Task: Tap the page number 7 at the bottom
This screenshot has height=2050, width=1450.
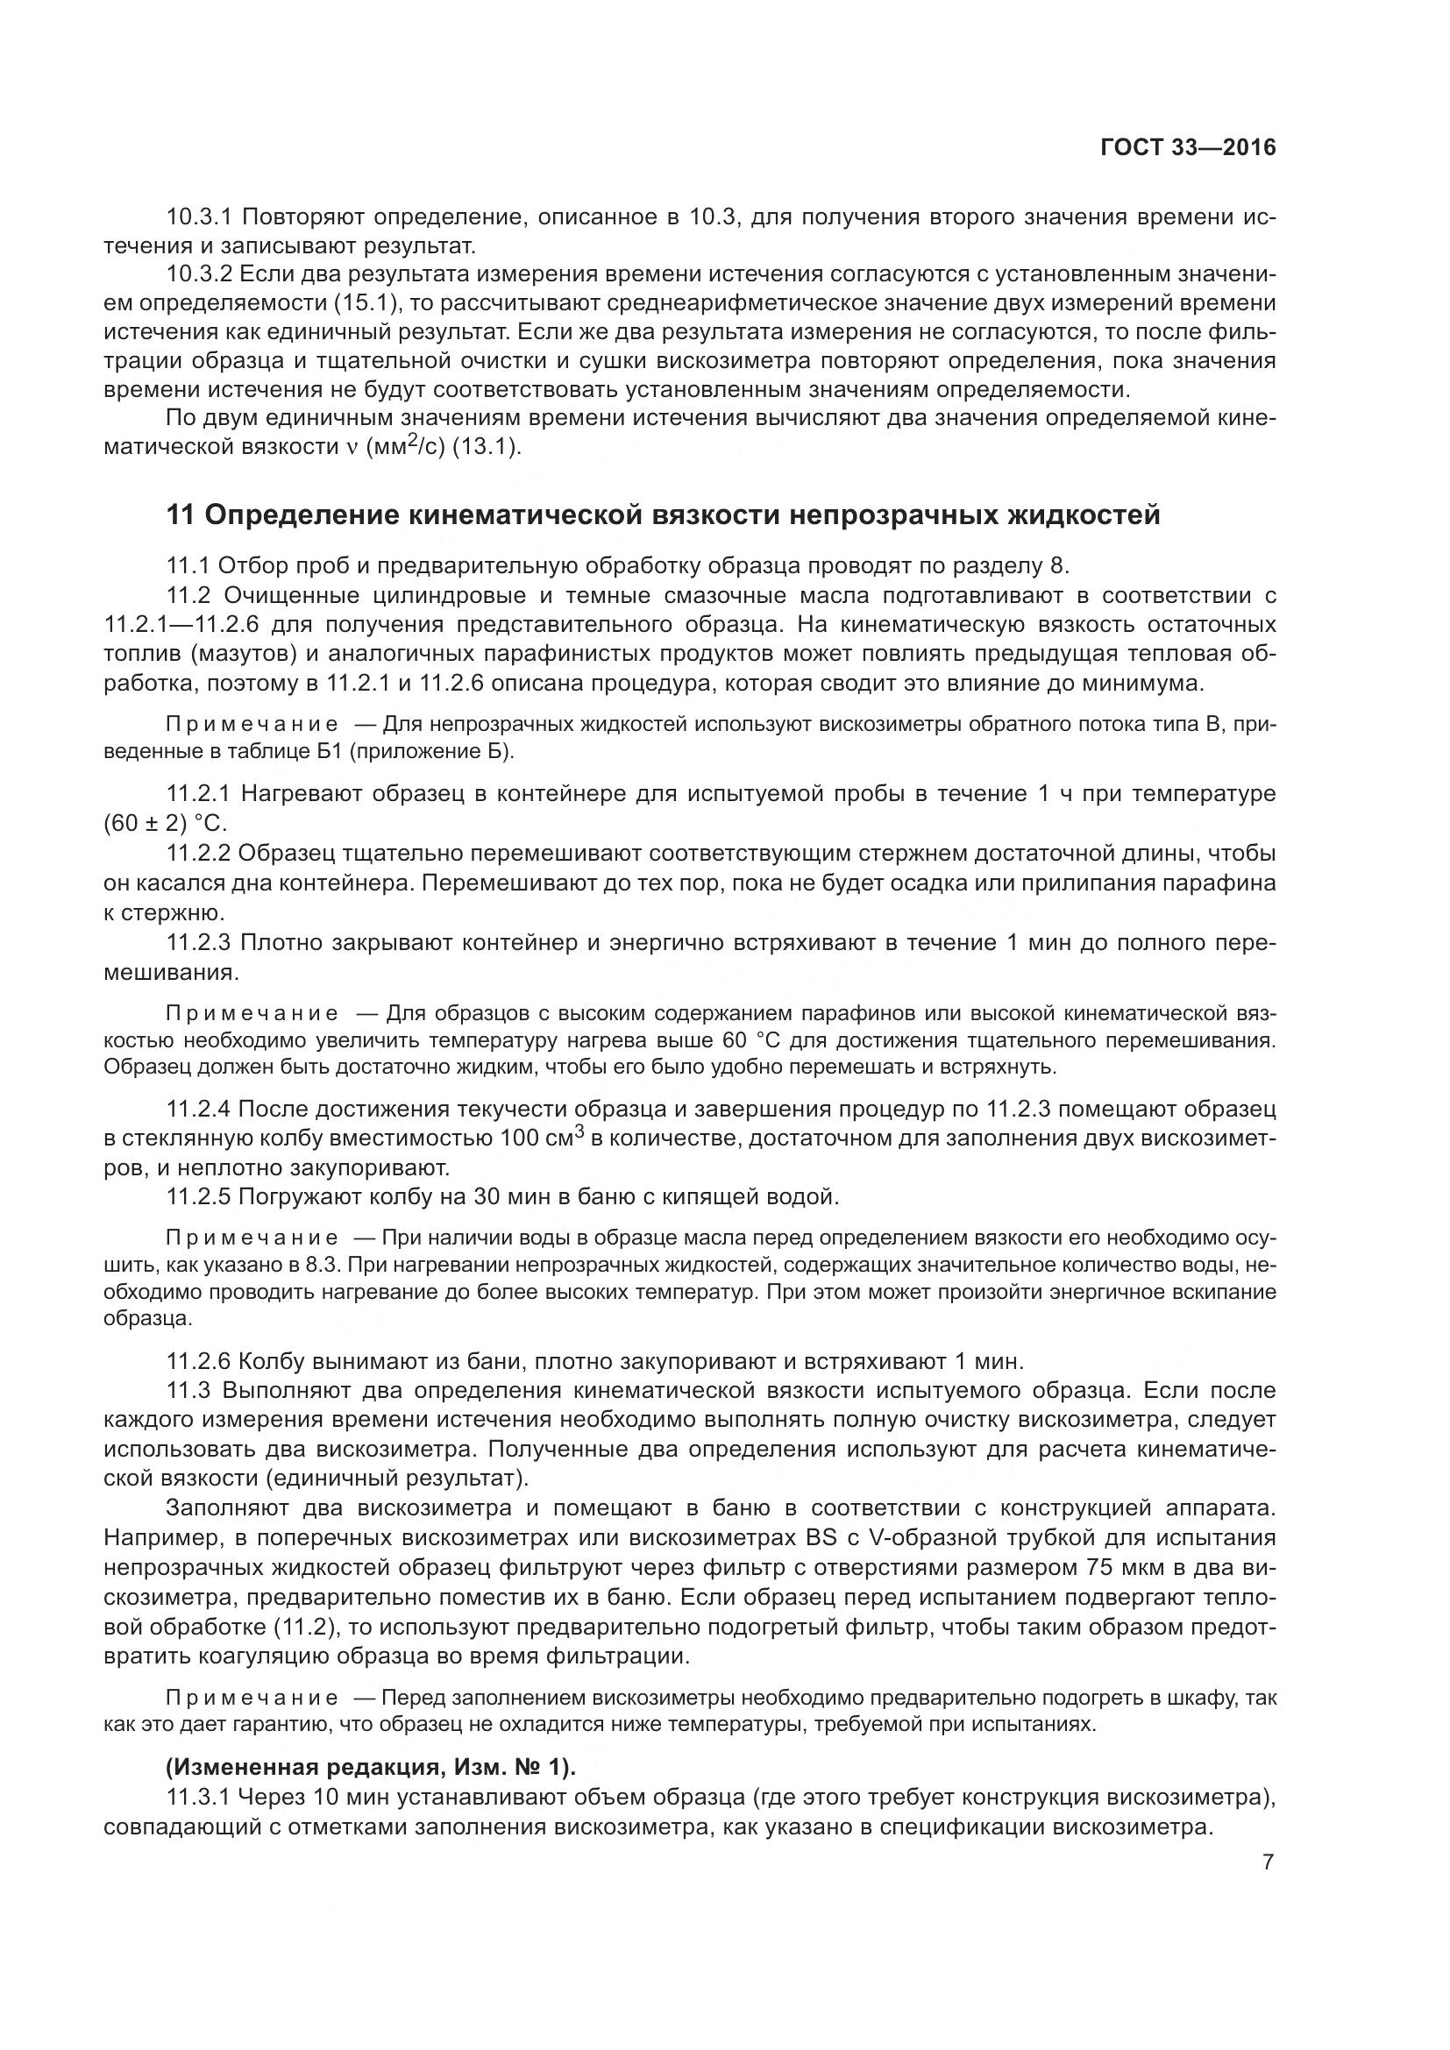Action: coord(1268,1862)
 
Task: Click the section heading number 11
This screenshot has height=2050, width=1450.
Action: coord(181,515)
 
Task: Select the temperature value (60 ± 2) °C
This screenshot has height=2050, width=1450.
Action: coord(165,822)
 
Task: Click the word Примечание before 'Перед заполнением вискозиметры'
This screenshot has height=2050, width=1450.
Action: coord(252,1697)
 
